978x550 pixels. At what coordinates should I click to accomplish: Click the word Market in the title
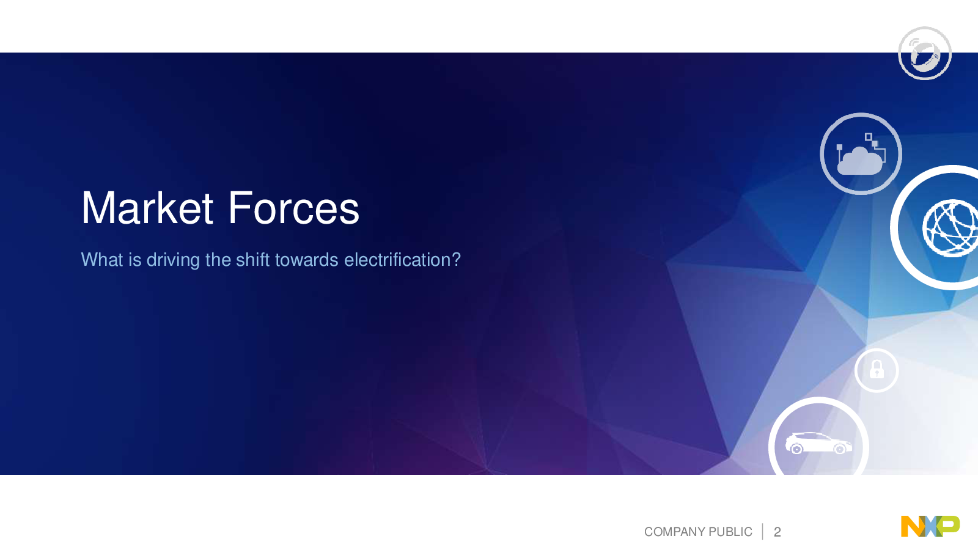point(147,208)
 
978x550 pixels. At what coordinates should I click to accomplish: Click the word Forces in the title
point(293,208)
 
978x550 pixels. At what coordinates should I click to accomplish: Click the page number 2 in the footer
point(777,532)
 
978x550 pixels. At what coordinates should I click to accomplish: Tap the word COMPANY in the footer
point(675,532)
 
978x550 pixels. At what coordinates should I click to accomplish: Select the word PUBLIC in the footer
point(730,532)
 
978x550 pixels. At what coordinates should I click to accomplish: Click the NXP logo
point(930,526)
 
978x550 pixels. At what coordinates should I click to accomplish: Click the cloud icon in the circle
point(860,161)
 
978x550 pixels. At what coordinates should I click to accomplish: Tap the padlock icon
point(877,369)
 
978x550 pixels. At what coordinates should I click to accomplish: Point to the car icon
point(818,443)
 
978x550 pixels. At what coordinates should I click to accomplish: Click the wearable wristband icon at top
point(924,54)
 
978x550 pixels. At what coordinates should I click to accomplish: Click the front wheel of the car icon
point(840,449)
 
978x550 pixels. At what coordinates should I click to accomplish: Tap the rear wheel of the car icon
point(796,449)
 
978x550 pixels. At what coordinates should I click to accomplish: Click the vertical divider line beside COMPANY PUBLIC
point(763,532)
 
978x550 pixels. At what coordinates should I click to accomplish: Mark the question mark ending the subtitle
point(456,260)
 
